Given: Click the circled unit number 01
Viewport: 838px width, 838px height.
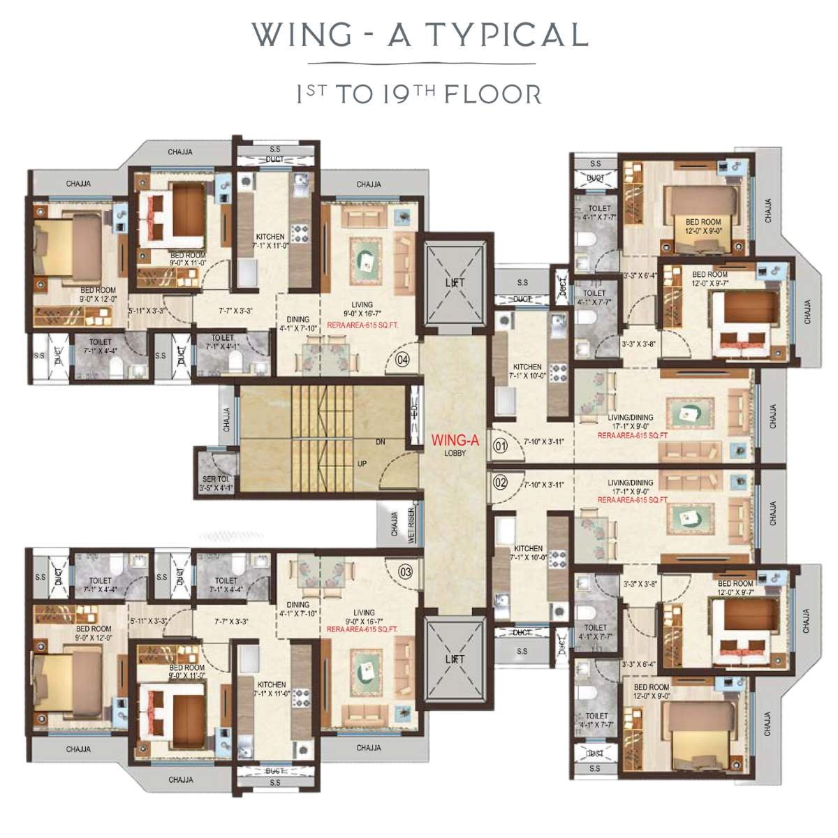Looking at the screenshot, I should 500,445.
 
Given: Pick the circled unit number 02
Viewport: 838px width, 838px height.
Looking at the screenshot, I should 500,482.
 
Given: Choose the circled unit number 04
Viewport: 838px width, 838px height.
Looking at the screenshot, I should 402,360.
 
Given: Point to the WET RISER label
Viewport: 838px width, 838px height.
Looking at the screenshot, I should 412,524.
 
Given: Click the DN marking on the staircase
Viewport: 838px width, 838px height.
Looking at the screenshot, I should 380,442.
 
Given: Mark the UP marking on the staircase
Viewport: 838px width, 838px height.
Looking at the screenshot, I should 362,464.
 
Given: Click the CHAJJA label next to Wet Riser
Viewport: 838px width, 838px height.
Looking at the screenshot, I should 394,524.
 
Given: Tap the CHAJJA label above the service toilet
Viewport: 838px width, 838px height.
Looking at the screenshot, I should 226,419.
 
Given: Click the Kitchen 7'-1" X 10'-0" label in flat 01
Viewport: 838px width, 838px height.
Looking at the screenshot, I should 527,371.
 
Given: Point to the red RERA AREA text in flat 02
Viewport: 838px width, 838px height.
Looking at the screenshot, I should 632,500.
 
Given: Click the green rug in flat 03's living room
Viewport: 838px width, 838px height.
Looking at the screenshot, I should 365,664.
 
